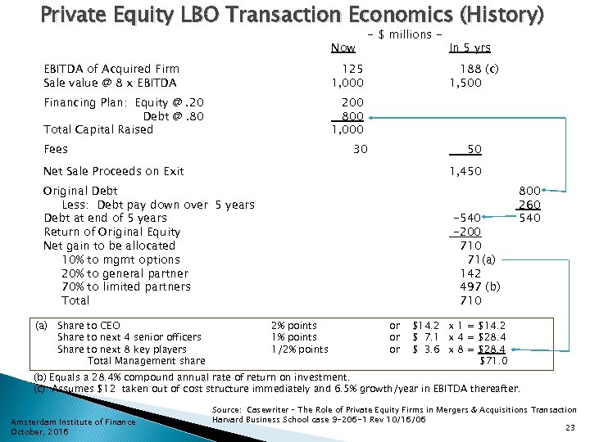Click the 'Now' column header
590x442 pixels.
click(343, 47)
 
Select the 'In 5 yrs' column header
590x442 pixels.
click(470, 47)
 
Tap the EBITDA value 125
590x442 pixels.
click(352, 70)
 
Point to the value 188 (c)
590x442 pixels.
click(476, 70)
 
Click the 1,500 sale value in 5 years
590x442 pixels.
click(465, 83)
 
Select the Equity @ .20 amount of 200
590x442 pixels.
click(352, 102)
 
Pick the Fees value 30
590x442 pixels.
click(360, 149)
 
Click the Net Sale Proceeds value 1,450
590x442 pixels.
click(465, 171)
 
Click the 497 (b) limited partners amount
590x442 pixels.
click(479, 286)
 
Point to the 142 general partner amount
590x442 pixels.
click(470, 273)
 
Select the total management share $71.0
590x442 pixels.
click(493, 361)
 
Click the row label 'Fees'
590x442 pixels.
click(56, 149)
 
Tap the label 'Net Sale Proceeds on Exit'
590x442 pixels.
click(113, 171)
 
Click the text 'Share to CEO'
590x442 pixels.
click(88, 325)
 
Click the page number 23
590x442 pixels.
click(570, 428)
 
